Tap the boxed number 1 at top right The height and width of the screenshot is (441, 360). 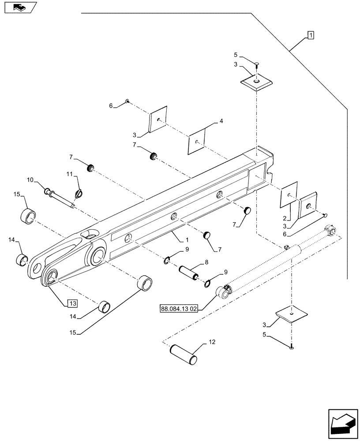pyautogui.click(x=310, y=35)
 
